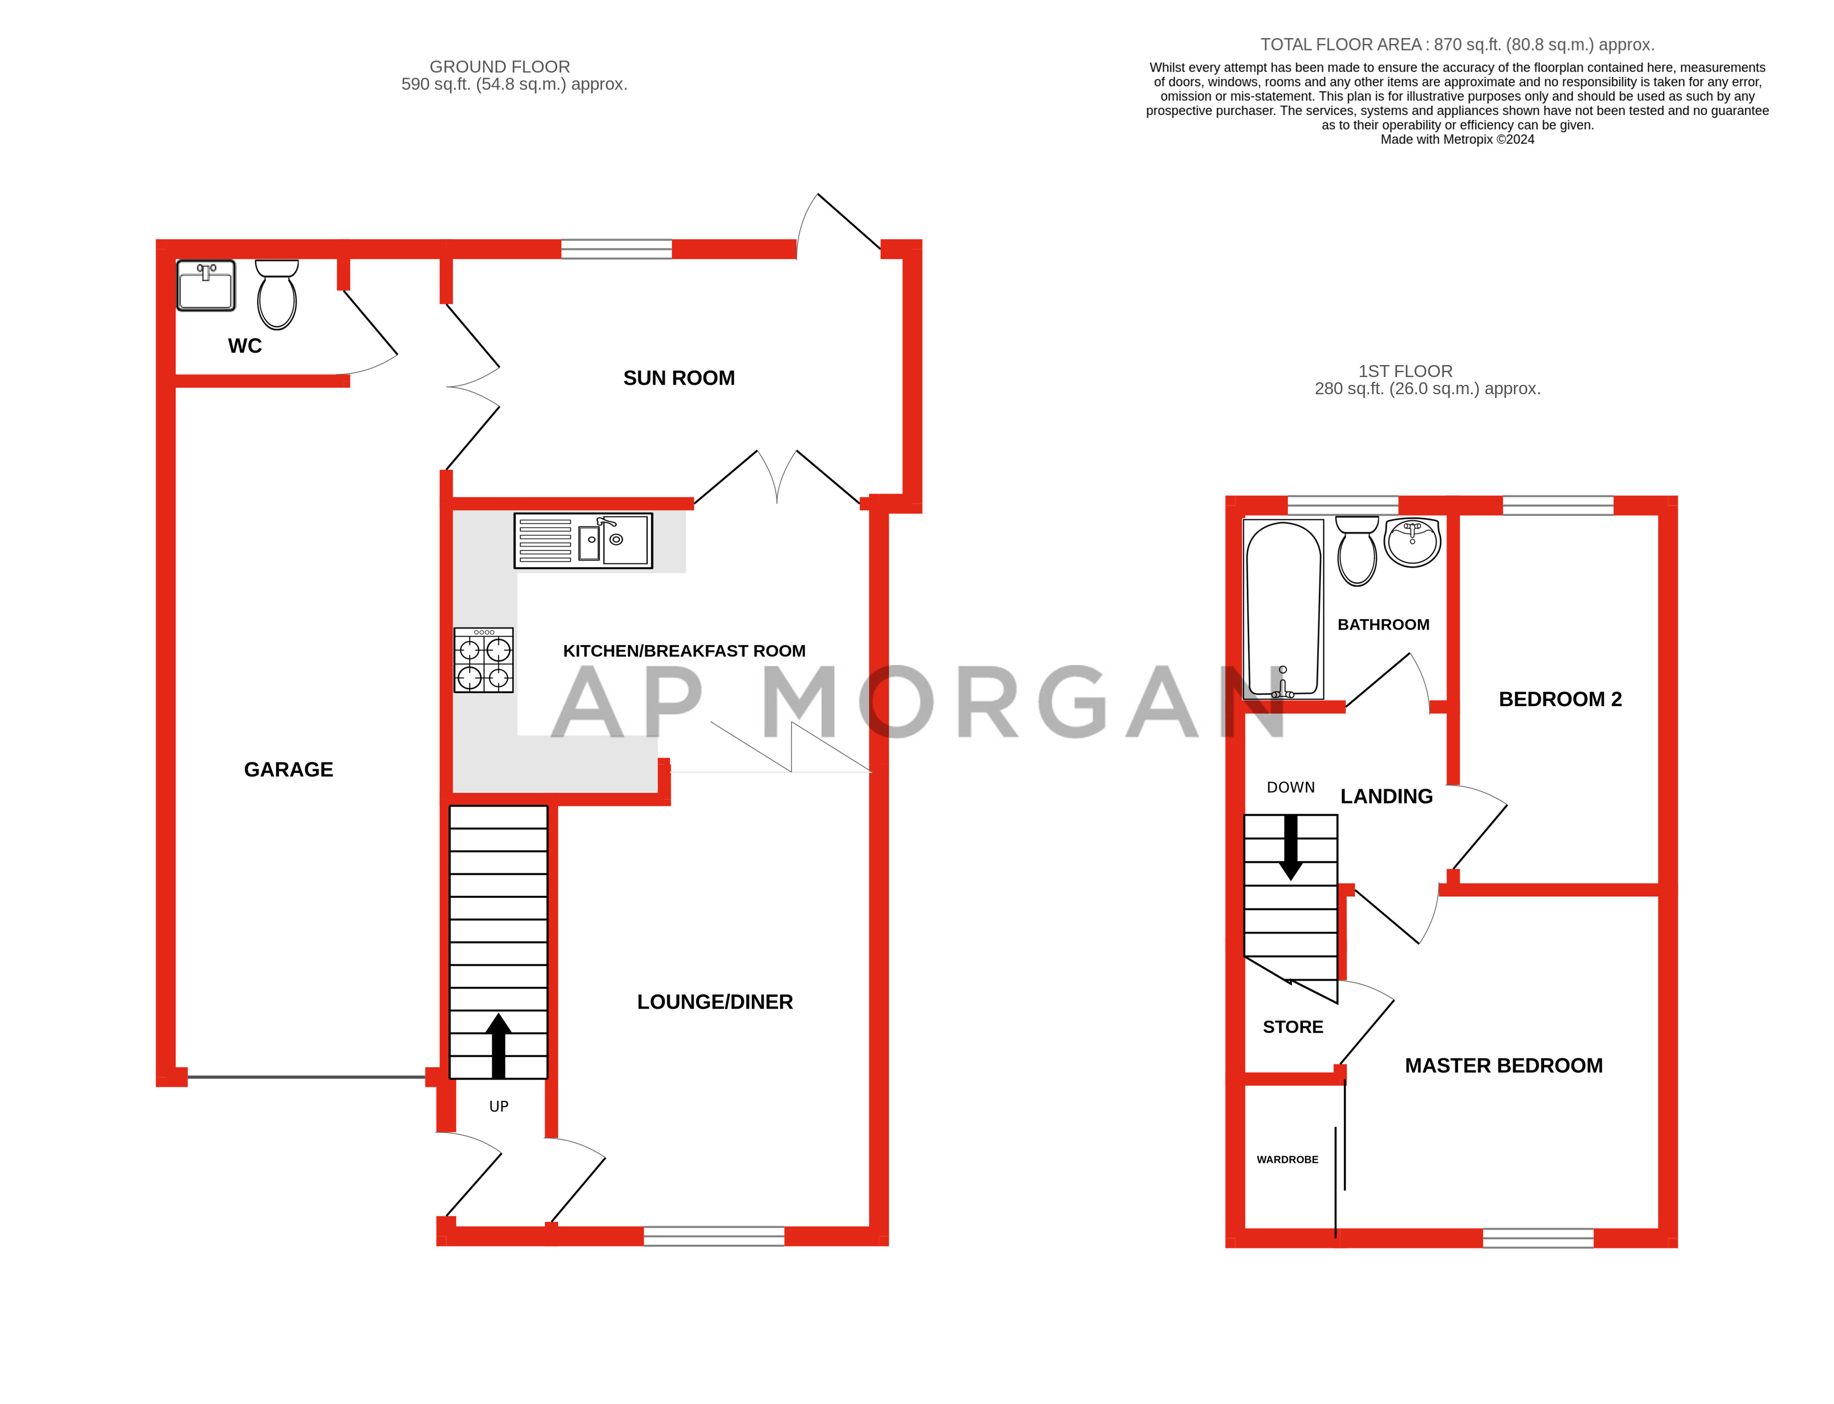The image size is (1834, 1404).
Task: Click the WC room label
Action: click(244, 345)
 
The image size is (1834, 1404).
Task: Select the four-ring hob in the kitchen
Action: click(483, 660)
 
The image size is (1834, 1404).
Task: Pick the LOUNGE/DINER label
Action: click(714, 1001)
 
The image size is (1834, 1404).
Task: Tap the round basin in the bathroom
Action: click(1412, 542)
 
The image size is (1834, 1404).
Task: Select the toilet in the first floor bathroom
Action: click(1357, 551)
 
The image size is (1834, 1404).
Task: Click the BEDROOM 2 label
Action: click(1559, 699)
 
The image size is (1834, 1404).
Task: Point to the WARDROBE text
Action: click(1287, 1159)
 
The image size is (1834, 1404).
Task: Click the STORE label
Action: click(1292, 1026)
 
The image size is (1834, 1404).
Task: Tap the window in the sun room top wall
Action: click(616, 248)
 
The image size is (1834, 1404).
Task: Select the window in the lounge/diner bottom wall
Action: click(713, 1235)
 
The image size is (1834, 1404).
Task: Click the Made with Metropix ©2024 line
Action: click(1456, 140)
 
